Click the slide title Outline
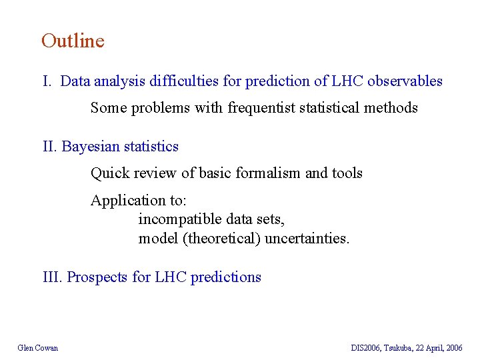pos(73,41)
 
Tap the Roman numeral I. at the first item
pos(48,81)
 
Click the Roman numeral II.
pos(51,146)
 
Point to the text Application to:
pos(139,201)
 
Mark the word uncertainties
pos(307,238)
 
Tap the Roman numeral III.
pos(53,277)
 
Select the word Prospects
pos(98,277)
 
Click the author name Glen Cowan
pos(38,348)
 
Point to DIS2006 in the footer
pos(365,348)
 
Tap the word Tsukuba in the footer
pos(398,348)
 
